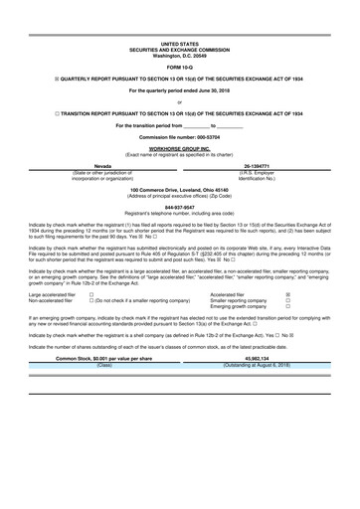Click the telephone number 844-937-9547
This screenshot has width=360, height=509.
[x=179, y=207]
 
